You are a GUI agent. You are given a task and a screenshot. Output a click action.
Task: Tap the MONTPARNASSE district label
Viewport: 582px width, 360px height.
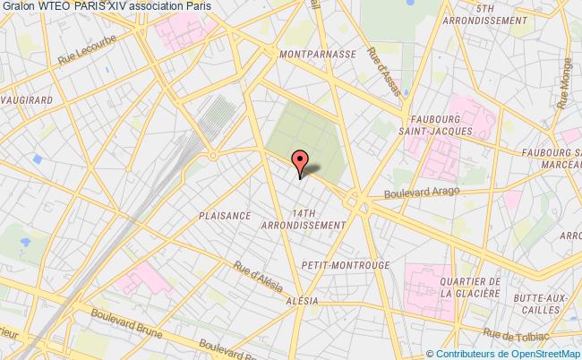[x=319, y=53]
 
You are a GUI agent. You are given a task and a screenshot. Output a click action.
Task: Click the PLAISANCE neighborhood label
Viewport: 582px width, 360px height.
[x=224, y=216]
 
